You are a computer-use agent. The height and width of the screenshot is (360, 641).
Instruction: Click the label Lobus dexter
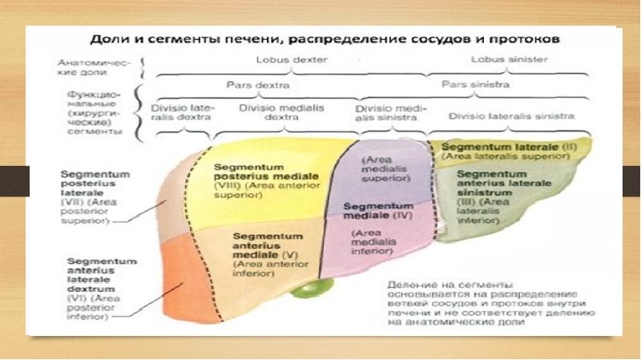click(x=284, y=59)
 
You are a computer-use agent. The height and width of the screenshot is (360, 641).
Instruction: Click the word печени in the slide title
click(x=259, y=38)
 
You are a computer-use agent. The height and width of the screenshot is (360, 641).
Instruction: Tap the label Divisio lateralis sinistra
click(x=511, y=115)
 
